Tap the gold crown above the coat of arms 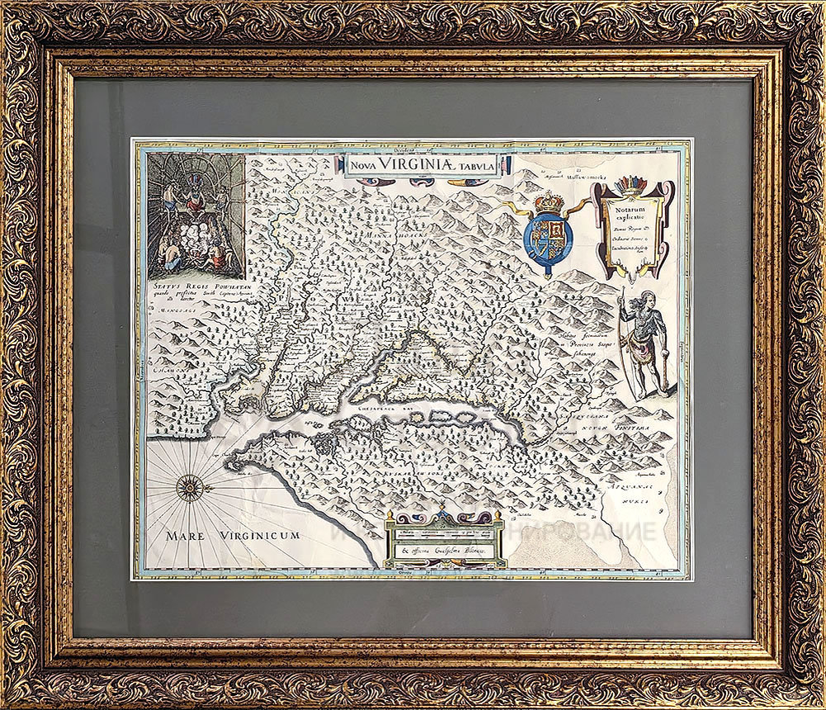point(548,201)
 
